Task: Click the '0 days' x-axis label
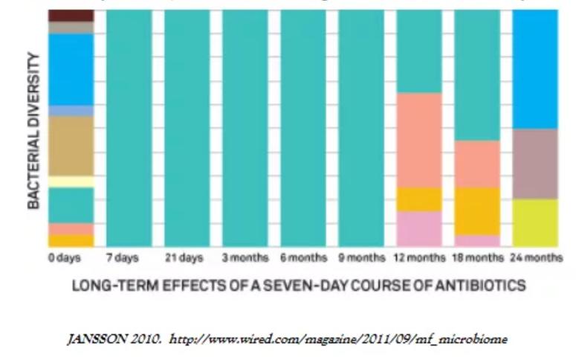pyautogui.click(x=65, y=258)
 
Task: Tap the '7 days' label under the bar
pyautogui.click(x=123, y=258)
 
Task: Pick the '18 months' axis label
pyautogui.click(x=477, y=258)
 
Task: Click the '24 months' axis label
pyautogui.click(x=535, y=258)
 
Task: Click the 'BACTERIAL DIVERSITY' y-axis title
pyautogui.click(x=34, y=141)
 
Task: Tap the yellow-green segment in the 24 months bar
pyautogui.click(x=535, y=222)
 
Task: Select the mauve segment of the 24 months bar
pyautogui.click(x=535, y=164)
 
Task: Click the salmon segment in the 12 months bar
pyautogui.click(x=419, y=139)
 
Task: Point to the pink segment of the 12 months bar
pyautogui.click(x=419, y=228)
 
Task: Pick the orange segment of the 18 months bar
pyautogui.click(x=477, y=210)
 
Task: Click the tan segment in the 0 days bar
pyautogui.click(x=71, y=145)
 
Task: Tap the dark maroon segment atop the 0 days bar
pyautogui.click(x=71, y=15)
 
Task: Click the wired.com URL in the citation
pyautogui.click(x=338, y=339)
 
